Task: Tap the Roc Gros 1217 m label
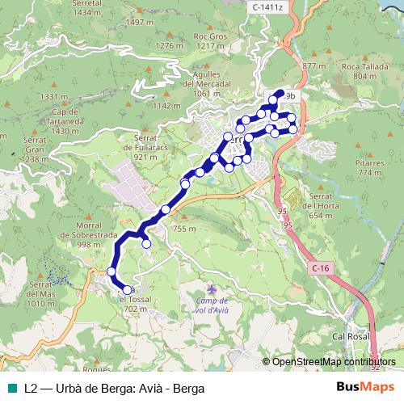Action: click(x=220, y=41)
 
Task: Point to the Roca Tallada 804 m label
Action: click(x=360, y=71)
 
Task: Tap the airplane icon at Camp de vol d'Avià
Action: click(x=213, y=288)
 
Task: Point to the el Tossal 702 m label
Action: click(x=134, y=303)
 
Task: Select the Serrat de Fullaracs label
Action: click(x=139, y=152)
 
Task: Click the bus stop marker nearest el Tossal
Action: click(x=127, y=289)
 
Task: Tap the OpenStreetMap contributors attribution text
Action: click(x=334, y=362)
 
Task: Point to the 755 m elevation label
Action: click(x=185, y=229)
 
